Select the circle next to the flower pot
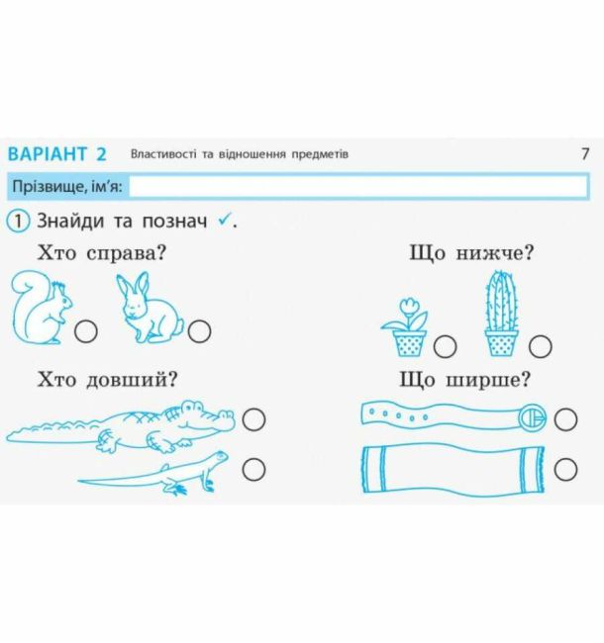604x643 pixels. [445, 346]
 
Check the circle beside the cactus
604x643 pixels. [540, 346]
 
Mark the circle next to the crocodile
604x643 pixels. [253, 419]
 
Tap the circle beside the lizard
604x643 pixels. [253, 469]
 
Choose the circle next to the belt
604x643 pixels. [565, 419]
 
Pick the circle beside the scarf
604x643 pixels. [565, 469]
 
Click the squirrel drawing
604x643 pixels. [41, 308]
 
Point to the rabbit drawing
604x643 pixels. [149, 309]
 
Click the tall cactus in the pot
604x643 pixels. [501, 314]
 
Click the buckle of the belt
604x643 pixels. [532, 417]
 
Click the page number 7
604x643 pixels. [585, 153]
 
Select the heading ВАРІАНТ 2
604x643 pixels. [57, 154]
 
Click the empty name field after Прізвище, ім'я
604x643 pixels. [358, 187]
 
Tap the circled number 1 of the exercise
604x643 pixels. [18, 222]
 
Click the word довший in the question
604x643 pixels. [132, 380]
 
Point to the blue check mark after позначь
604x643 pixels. [224, 221]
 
